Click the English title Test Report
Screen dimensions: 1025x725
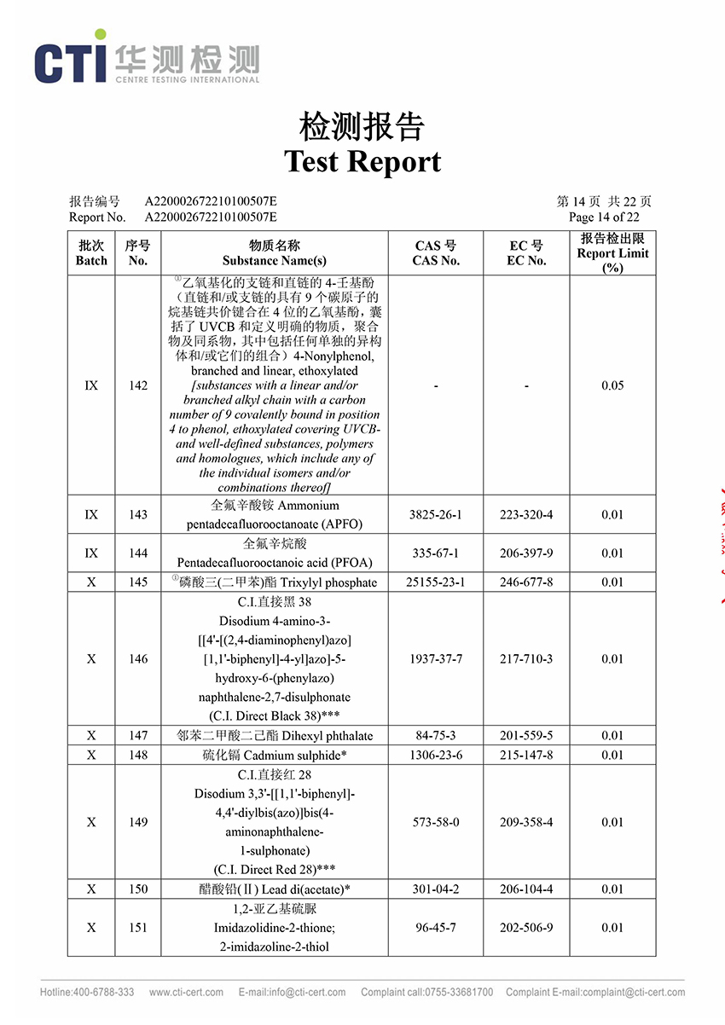362,161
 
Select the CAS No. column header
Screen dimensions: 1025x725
436,253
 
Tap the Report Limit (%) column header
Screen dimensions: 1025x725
612,253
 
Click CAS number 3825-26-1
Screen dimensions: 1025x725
436,515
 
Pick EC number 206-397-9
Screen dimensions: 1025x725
526,553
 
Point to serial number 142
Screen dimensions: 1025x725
138,385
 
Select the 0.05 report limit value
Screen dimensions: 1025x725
612,385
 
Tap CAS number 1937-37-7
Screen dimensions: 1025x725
436,659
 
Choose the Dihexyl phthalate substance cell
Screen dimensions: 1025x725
275,735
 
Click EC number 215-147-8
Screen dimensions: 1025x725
526,755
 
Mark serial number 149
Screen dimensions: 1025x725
138,822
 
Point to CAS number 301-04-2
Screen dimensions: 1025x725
436,889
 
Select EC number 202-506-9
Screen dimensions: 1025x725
526,928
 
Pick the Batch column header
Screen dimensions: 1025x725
91,253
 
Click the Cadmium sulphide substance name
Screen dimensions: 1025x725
275,755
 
